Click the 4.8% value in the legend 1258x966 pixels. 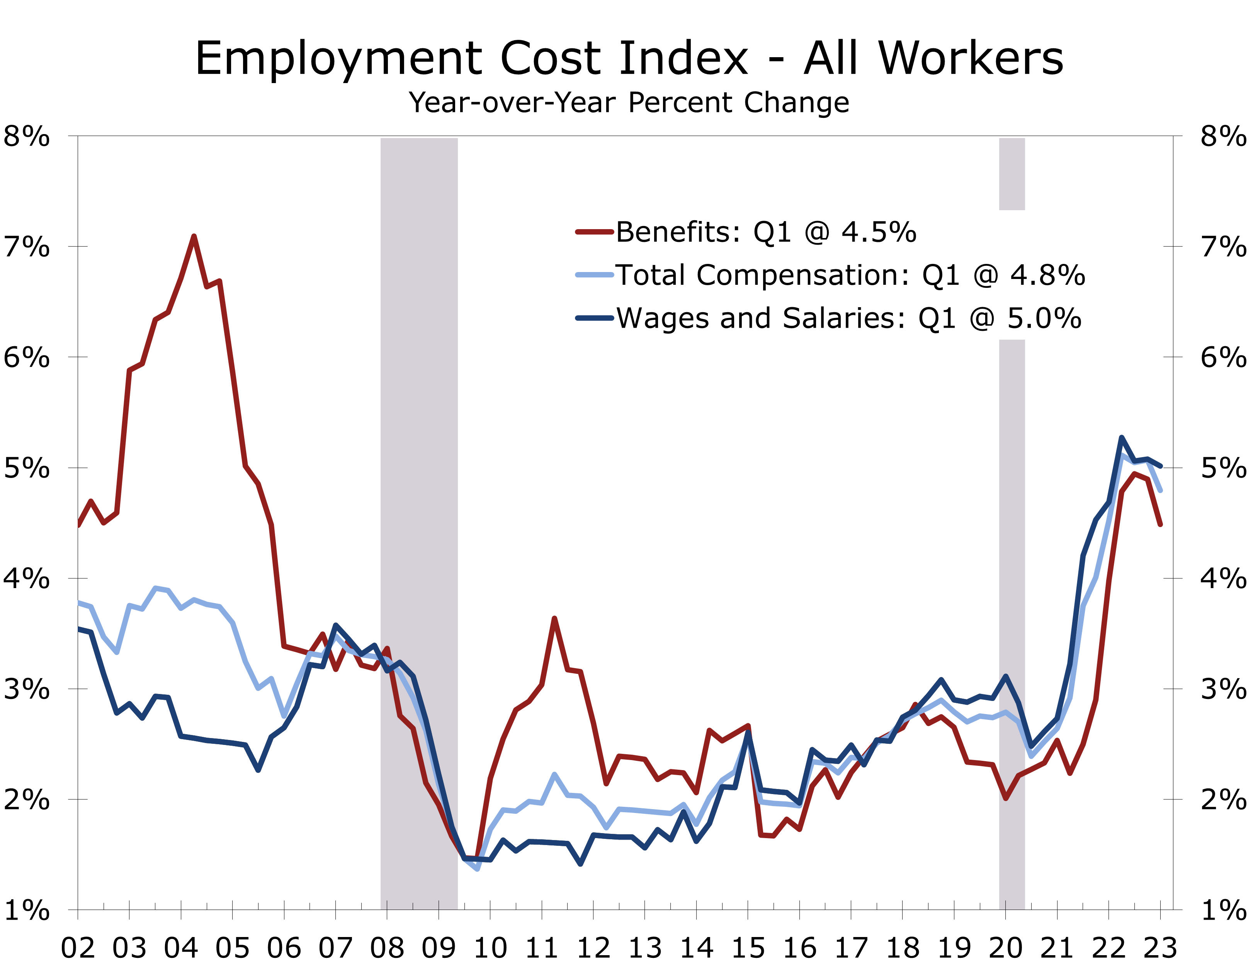1047,276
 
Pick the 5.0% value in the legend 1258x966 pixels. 1044,318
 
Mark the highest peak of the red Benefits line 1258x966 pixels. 194,236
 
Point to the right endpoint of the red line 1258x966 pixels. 1161,524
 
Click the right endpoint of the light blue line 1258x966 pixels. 1161,490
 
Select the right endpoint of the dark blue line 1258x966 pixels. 1161,466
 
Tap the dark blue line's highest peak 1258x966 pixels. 1121,437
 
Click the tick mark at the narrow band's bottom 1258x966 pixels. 1005,905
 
